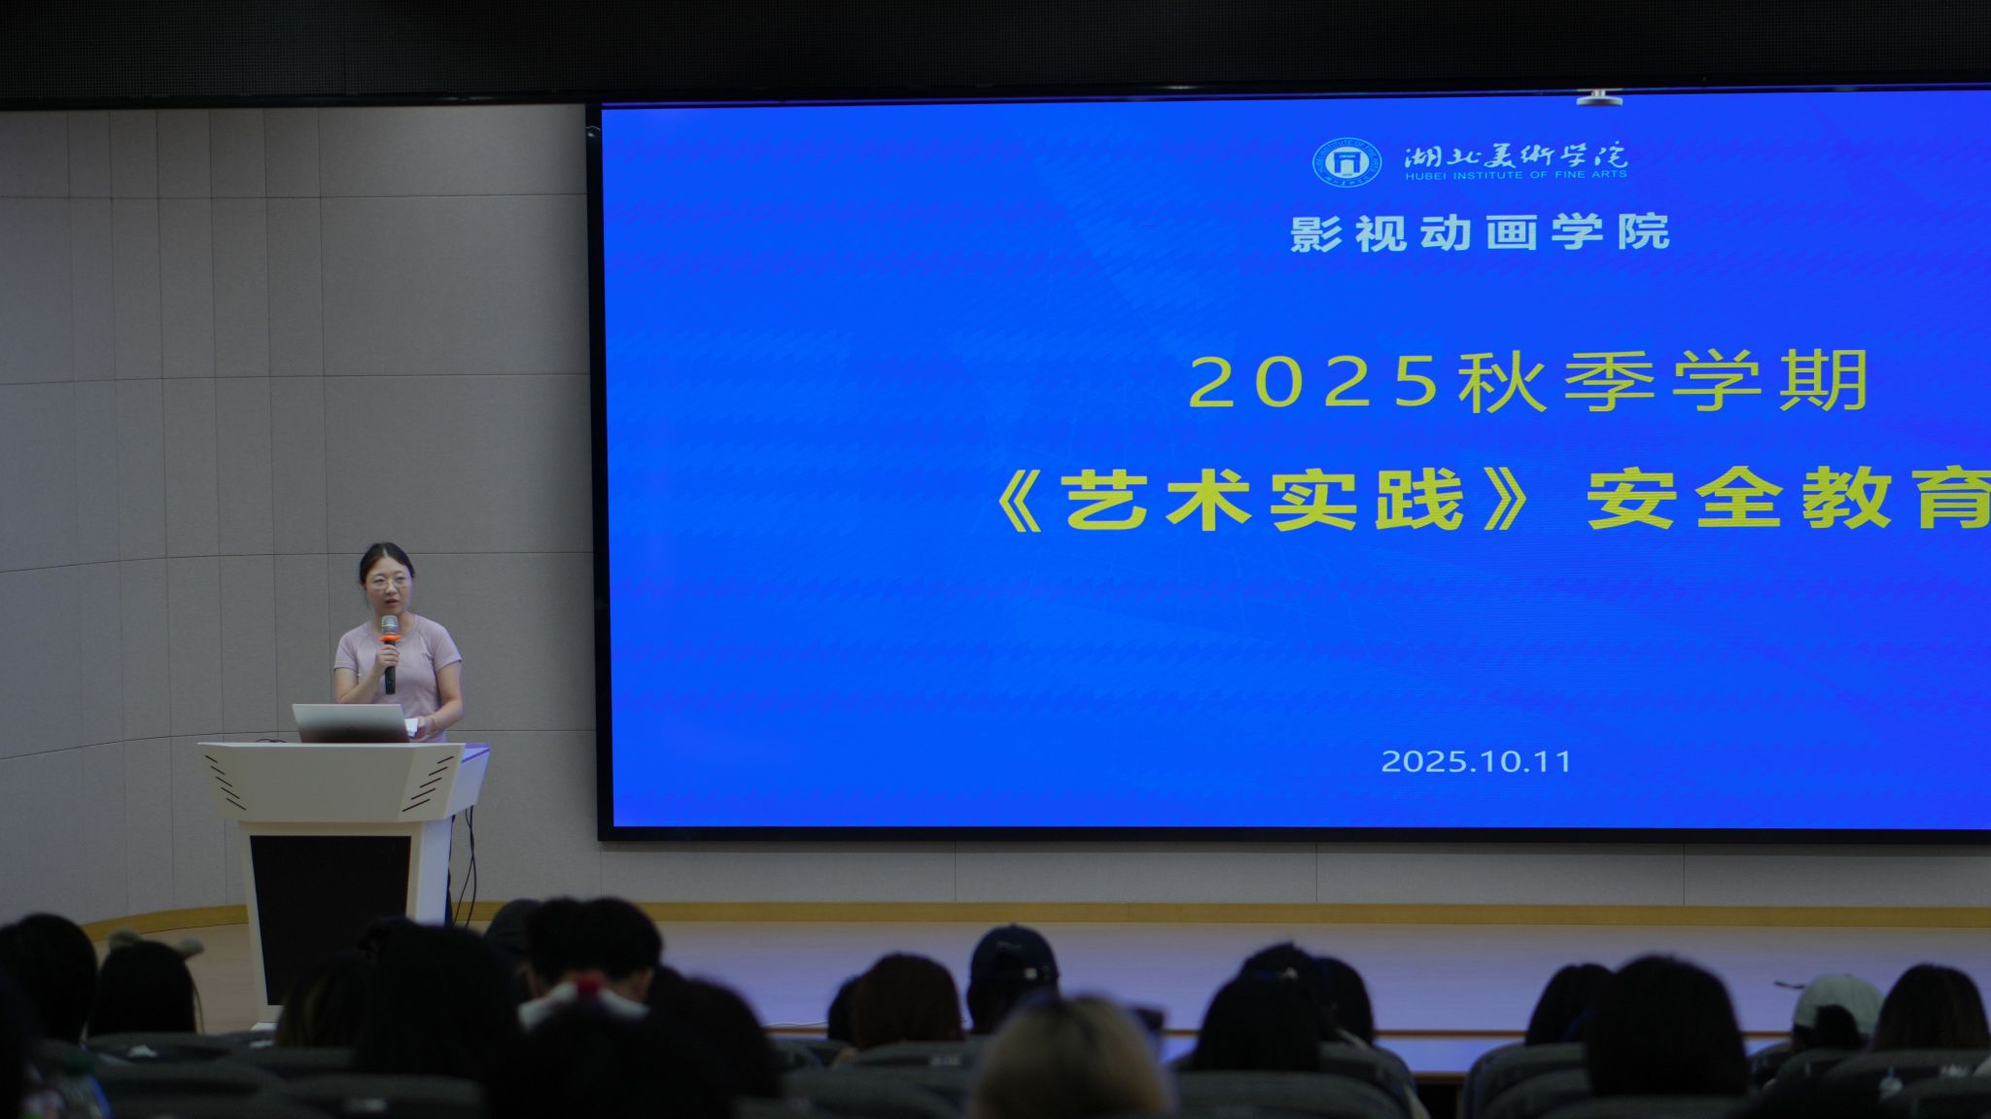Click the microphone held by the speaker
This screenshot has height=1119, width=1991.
pyautogui.click(x=390, y=653)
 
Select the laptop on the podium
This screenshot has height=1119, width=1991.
pyautogui.click(x=351, y=723)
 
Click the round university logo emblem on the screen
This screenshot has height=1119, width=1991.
pyautogui.click(x=1346, y=162)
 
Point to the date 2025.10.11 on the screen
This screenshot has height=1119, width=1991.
pyautogui.click(x=1476, y=761)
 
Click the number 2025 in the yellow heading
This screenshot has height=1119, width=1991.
pyautogui.click(x=1313, y=381)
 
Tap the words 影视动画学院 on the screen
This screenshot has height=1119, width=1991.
pyautogui.click(x=1481, y=233)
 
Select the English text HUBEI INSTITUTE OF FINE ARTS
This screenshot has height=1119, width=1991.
pyautogui.click(x=1516, y=175)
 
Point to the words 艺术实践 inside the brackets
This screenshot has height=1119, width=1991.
pyautogui.click(x=1263, y=500)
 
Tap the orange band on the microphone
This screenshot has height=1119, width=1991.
pyautogui.click(x=390, y=638)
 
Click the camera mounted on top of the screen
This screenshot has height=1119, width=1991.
pyautogui.click(x=1598, y=97)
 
